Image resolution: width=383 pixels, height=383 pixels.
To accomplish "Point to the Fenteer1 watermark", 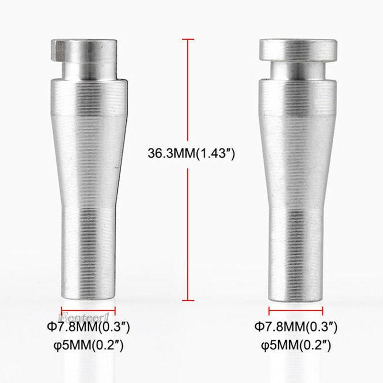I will (83, 316).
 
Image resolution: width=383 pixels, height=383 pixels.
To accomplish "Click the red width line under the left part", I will (89, 310).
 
